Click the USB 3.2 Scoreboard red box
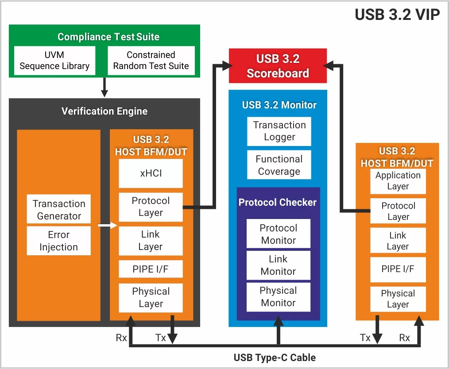(x=278, y=66)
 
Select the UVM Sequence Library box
(x=54, y=61)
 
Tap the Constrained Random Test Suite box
(x=151, y=61)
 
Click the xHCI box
(x=151, y=173)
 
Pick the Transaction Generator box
(x=59, y=210)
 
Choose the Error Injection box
(x=59, y=241)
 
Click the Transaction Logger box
(x=279, y=131)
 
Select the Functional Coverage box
(x=279, y=165)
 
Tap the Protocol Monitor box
(x=278, y=234)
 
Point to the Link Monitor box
(x=278, y=265)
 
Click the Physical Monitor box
(x=278, y=296)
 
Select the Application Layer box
(x=398, y=181)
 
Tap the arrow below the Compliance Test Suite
(x=104, y=88)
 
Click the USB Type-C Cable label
(x=275, y=357)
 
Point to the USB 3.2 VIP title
(x=397, y=15)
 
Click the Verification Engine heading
(x=105, y=111)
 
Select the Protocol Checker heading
(x=278, y=203)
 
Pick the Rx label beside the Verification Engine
(x=121, y=338)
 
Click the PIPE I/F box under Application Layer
(x=398, y=269)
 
